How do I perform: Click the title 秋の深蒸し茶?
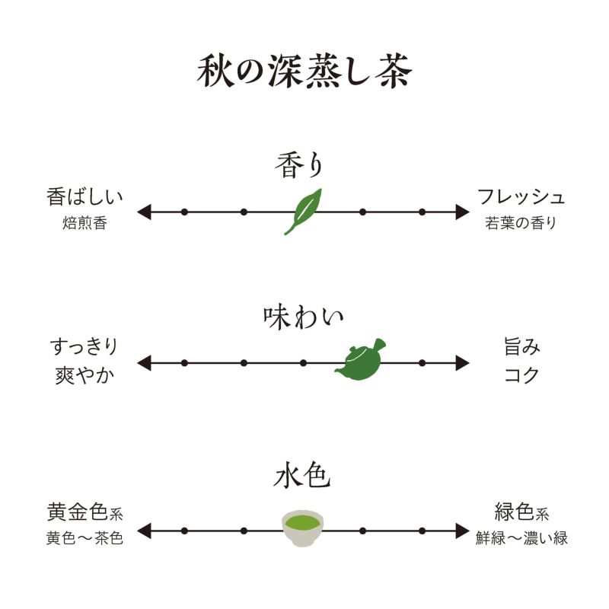304,72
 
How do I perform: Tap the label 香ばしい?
84,196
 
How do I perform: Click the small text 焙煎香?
84,224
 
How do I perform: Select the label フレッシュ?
521,196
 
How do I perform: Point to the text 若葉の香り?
521,224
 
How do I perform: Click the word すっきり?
84,347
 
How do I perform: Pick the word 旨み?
522,347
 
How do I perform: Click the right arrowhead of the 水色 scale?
463,531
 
